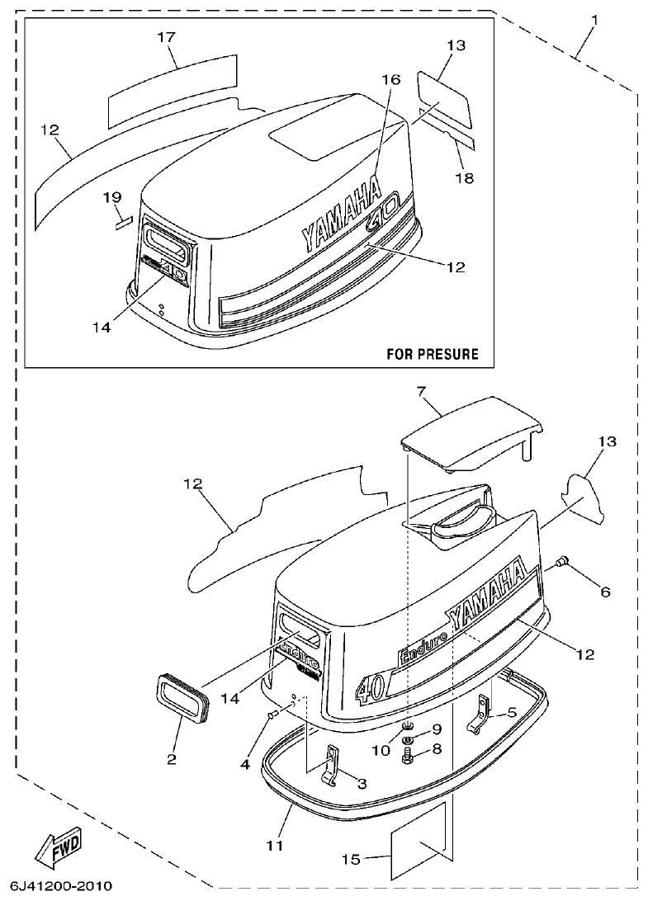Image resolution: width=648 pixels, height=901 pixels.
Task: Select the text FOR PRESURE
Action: (x=432, y=354)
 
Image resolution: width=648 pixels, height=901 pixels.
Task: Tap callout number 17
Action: (x=166, y=36)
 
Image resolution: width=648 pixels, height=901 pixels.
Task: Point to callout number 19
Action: (x=112, y=197)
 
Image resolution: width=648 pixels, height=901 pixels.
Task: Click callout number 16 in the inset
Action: (x=390, y=79)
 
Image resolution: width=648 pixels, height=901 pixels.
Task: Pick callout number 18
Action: (x=465, y=177)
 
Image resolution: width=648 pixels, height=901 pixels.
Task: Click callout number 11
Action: (x=275, y=845)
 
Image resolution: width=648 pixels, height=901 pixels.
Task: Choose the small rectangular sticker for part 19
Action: (x=123, y=221)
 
